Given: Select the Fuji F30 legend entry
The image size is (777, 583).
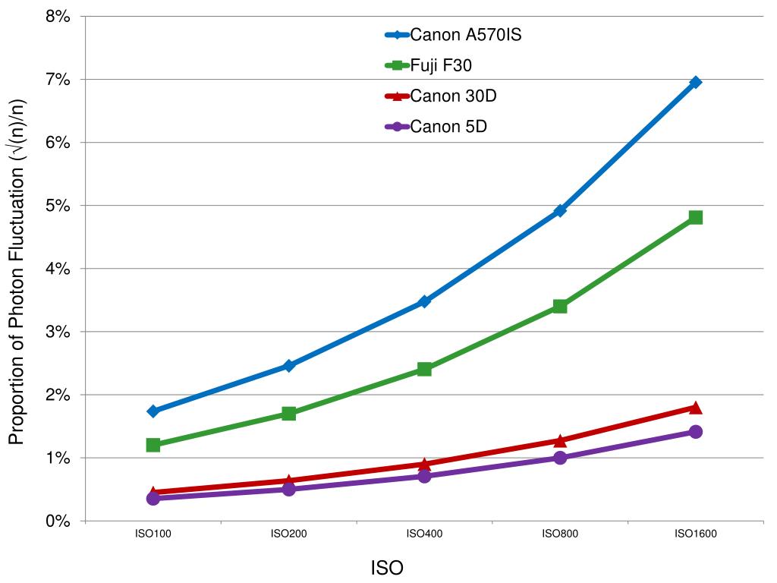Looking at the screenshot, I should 441,66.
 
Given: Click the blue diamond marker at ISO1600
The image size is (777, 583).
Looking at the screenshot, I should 695,82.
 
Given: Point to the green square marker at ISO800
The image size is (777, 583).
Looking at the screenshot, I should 560,306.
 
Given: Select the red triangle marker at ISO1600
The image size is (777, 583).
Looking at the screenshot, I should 695,408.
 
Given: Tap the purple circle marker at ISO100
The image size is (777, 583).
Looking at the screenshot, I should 153,498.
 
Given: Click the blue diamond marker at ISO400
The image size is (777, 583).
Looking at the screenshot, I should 424,301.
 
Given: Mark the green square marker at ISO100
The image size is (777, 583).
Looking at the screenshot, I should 153,445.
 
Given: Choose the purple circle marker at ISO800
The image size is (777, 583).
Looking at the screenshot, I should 560,458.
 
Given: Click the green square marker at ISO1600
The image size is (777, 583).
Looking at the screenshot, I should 695,218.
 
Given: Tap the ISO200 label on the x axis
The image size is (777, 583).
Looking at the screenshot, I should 288,534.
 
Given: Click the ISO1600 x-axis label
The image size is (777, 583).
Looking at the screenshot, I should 695,534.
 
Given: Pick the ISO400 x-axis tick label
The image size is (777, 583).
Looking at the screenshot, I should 424,534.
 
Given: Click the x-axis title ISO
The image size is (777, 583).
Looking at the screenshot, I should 387,568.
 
